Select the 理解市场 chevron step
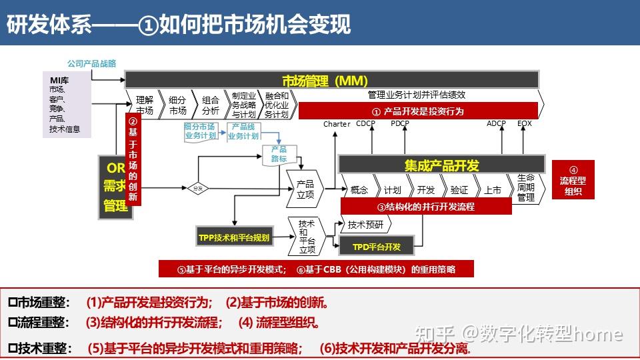click(144, 105)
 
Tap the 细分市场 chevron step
click(177, 105)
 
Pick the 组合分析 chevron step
click(210, 105)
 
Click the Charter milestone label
click(337, 124)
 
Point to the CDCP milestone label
click(365, 123)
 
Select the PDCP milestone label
click(400, 123)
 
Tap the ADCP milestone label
click(496, 123)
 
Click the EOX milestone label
click(525, 123)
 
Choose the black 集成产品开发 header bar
click(441, 165)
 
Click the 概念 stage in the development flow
click(359, 189)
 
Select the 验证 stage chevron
click(459, 189)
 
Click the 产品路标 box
click(279, 154)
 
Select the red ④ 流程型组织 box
click(573, 180)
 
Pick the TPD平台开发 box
click(377, 247)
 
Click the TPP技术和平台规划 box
click(234, 237)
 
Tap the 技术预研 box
click(366, 225)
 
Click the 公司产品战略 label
click(91, 63)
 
